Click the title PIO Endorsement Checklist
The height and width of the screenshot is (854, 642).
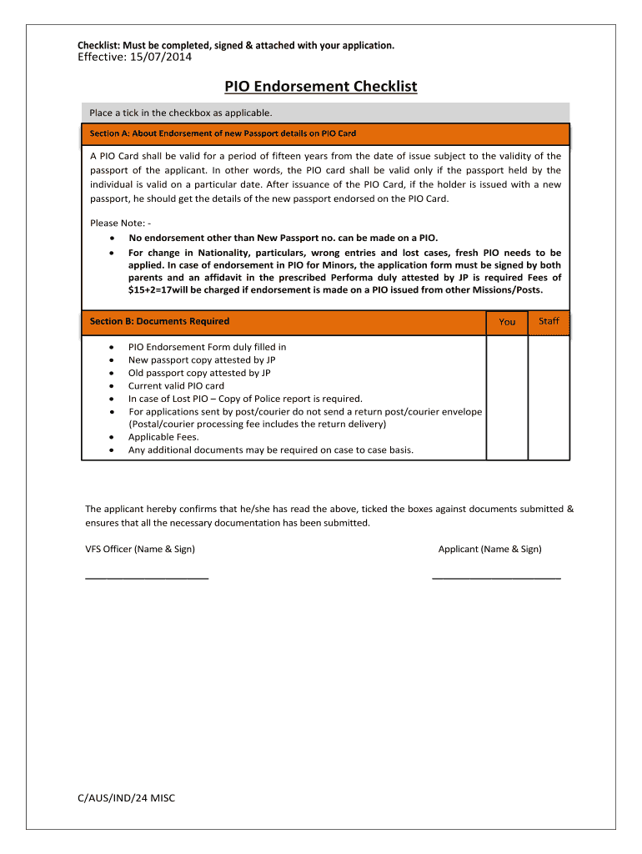point(320,87)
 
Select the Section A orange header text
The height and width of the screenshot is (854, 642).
point(223,133)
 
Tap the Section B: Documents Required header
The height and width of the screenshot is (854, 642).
point(159,322)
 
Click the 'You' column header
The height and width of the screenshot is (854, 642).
point(507,322)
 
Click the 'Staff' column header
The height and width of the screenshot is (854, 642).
point(549,321)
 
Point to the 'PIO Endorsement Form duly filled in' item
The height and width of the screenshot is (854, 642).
point(207,347)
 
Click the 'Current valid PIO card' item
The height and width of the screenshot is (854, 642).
point(176,386)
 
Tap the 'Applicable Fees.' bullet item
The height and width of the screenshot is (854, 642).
point(163,437)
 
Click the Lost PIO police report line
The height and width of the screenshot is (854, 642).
point(245,399)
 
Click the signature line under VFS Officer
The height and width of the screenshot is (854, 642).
point(147,577)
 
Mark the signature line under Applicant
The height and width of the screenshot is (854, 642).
point(496,577)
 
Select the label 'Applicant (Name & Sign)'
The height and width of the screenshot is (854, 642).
point(489,549)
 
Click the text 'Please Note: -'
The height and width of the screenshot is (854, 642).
point(120,223)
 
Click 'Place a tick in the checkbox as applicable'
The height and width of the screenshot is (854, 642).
point(181,113)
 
